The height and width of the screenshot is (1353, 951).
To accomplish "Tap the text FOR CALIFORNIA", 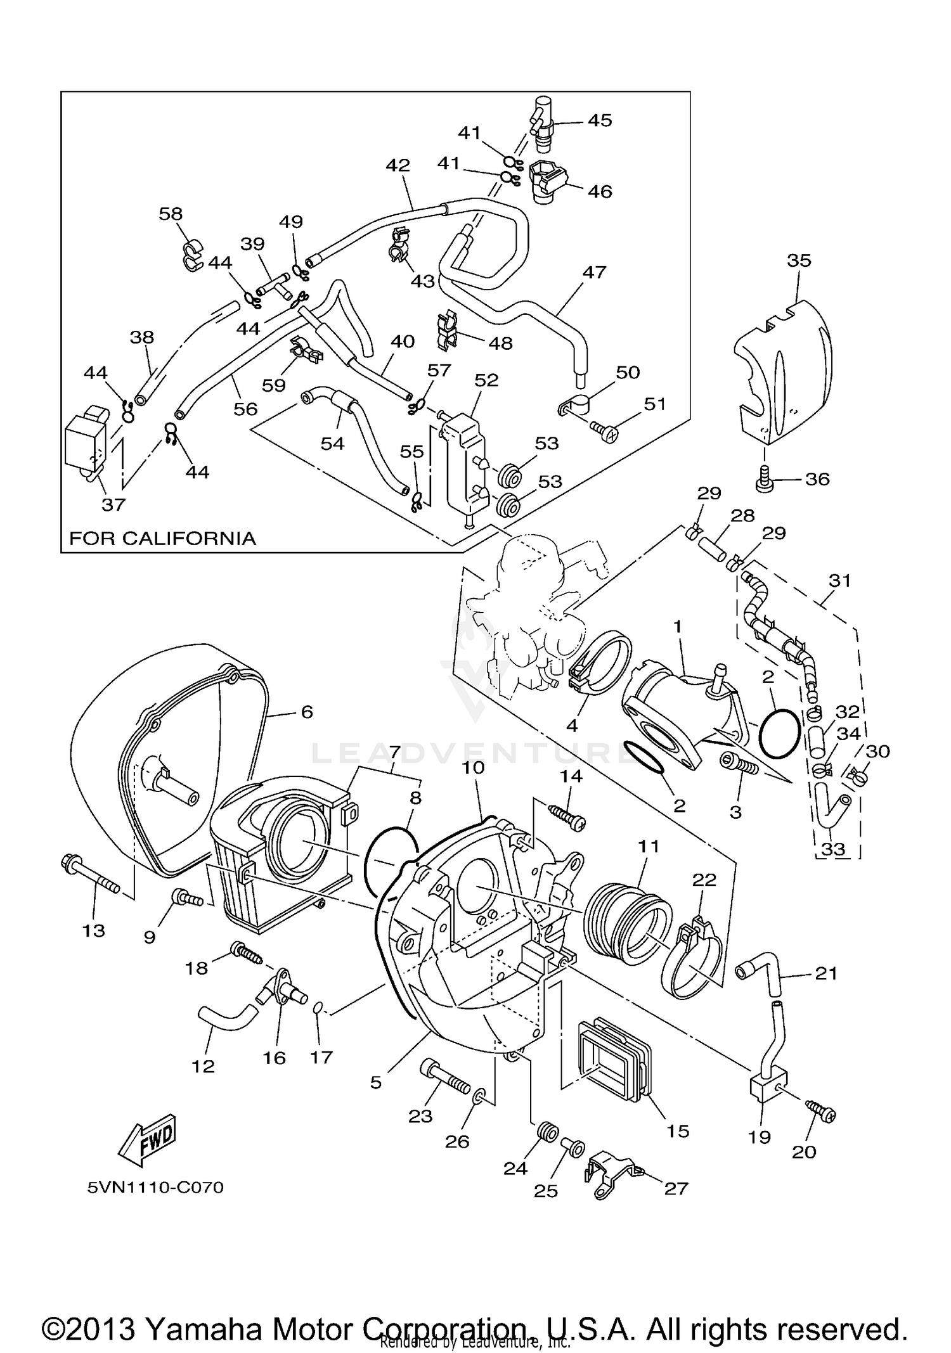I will pos(162,539).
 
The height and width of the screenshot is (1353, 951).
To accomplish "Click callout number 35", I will pos(799,260).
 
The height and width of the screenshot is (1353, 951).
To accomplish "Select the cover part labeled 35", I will pos(786,368).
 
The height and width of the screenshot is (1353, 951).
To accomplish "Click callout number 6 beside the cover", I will pos(307,712).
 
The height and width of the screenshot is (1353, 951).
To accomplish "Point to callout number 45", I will pos(600,120).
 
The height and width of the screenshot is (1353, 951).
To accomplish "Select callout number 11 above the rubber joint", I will pos(649,847).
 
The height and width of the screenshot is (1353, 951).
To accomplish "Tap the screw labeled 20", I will pos(821,1112).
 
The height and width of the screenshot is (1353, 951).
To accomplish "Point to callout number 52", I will pos(486,380).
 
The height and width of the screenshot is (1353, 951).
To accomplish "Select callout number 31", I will pos(839,580).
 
